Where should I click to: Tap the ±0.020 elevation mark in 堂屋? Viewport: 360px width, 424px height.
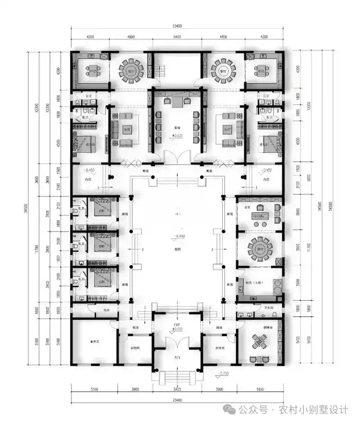point(178,136)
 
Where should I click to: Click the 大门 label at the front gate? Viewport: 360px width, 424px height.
point(178,357)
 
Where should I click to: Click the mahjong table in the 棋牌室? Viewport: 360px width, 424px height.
point(259,341)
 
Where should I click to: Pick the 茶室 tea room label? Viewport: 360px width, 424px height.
point(246,208)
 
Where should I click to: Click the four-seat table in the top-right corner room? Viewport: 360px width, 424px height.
point(260,71)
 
